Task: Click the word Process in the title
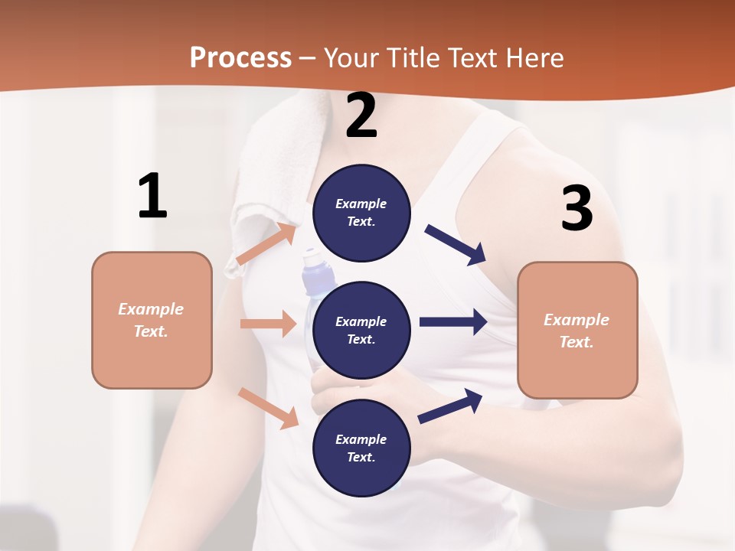point(240,58)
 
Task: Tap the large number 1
point(152,197)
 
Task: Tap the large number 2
point(361,116)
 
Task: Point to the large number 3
point(577,208)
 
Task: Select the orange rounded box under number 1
point(152,320)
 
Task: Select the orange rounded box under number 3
point(577,330)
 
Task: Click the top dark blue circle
point(361,213)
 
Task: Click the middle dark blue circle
point(361,330)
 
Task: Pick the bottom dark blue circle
point(361,448)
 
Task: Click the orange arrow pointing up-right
point(266,244)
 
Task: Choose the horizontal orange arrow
point(268,324)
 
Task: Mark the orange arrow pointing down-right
point(269,408)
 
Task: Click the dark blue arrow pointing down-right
point(456,245)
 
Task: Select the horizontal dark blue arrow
point(453,321)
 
